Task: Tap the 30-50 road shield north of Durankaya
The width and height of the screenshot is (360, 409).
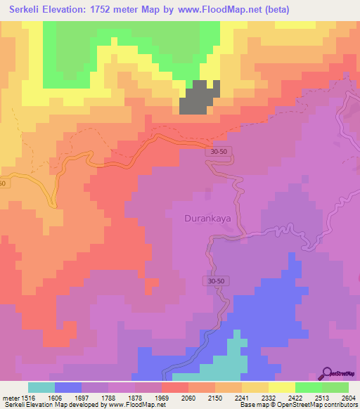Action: [x=220, y=150]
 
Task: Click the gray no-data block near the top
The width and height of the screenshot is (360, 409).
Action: [x=199, y=97]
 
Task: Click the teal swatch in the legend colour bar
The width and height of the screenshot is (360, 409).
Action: [x=41, y=387]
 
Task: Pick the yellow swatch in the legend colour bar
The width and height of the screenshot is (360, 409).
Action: [x=282, y=387]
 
